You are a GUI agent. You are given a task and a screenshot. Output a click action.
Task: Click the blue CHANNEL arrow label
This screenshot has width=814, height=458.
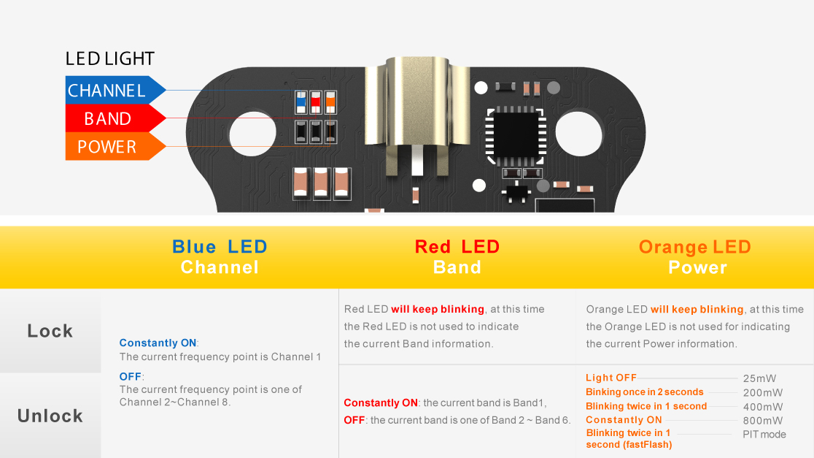point(115,90)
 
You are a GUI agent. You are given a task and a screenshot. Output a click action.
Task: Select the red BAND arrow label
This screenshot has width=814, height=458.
point(115,118)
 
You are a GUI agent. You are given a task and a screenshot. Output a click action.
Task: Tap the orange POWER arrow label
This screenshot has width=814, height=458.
point(115,146)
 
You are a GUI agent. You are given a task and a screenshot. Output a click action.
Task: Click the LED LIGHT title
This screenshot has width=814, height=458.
point(110,58)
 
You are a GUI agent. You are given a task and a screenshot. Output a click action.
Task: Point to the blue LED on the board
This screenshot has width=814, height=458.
point(301,102)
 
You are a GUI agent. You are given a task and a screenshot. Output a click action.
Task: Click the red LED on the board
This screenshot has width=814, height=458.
point(316,102)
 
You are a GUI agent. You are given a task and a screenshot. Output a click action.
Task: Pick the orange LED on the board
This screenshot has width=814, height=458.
point(330,102)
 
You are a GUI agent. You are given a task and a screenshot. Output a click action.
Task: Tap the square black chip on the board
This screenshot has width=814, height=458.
point(516,135)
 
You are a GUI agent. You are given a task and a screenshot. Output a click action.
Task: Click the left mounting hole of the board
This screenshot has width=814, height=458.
point(252,132)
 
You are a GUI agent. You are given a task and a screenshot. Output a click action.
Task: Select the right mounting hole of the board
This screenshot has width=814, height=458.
point(578,132)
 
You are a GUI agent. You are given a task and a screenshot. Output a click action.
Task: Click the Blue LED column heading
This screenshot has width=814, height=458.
point(220,257)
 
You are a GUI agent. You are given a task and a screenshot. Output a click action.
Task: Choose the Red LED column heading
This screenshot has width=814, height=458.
point(457,257)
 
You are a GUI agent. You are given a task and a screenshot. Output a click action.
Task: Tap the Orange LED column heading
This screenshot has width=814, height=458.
point(695,257)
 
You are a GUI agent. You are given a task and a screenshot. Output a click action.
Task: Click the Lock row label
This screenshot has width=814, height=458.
point(50,331)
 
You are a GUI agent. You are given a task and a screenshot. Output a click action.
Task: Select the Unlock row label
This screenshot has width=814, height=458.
point(50,416)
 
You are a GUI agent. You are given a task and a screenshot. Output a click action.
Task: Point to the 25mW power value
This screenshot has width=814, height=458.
point(759,378)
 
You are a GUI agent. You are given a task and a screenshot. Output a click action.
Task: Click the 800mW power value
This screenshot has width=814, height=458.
point(763,421)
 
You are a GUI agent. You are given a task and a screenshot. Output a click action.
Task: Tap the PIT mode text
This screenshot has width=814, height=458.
point(764,434)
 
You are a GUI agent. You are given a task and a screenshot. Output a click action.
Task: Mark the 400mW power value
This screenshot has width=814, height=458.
point(763,407)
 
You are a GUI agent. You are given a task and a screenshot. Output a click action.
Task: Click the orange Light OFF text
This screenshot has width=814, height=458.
point(611,378)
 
